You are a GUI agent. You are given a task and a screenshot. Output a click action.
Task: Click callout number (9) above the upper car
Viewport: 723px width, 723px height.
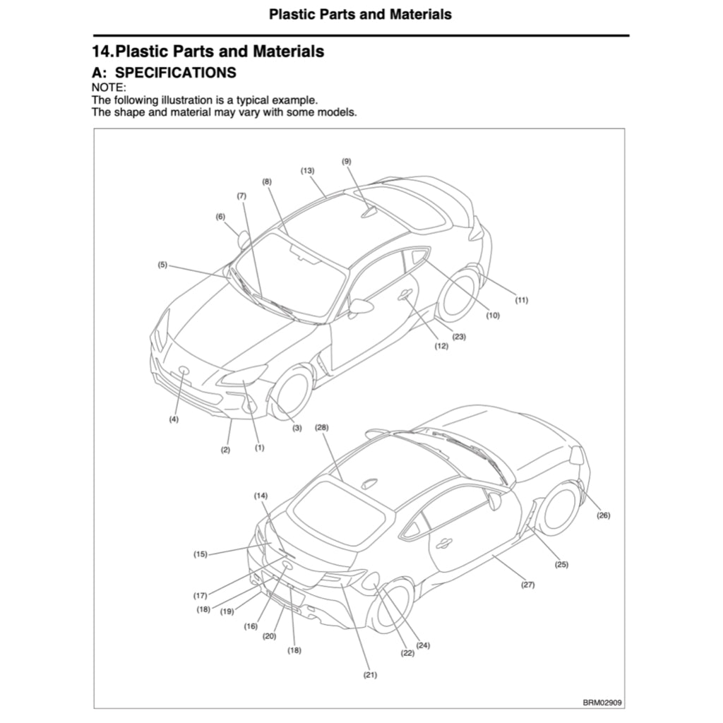click(x=346, y=161)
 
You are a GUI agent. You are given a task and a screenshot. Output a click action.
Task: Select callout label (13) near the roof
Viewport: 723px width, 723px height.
click(x=307, y=171)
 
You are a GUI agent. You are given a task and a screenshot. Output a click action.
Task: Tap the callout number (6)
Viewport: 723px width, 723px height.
click(x=220, y=217)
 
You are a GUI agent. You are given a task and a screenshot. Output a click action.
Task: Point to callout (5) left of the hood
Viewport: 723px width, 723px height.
click(x=162, y=265)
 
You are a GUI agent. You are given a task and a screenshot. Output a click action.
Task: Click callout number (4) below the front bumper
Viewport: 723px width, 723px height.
click(x=174, y=419)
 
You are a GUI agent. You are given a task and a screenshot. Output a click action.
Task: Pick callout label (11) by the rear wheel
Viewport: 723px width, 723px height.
click(x=521, y=300)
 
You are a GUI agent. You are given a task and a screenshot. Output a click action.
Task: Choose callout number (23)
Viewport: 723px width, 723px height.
click(x=459, y=337)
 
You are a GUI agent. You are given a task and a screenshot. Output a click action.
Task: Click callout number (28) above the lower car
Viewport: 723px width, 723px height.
click(x=322, y=428)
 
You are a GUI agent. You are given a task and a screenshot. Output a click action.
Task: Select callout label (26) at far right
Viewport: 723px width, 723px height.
click(x=603, y=515)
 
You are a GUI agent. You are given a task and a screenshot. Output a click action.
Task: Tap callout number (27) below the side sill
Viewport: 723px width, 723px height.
click(x=527, y=585)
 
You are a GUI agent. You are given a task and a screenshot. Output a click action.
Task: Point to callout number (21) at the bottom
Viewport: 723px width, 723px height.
click(x=370, y=675)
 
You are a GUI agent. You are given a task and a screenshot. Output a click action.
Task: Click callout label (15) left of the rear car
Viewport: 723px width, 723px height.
click(x=201, y=554)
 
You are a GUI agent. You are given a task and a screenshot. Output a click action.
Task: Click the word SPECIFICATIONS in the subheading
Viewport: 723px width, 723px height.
click(x=175, y=73)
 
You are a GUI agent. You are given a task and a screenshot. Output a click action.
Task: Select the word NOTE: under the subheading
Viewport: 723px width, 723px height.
click(x=109, y=88)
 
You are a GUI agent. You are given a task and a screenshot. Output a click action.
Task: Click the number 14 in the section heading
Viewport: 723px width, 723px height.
click(x=102, y=52)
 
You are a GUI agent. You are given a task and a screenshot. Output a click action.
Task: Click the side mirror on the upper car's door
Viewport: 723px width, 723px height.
click(x=361, y=306)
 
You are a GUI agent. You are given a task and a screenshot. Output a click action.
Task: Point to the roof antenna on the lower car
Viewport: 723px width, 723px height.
click(x=369, y=484)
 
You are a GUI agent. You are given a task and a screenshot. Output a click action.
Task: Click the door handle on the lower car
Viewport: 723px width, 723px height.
click(x=444, y=544)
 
